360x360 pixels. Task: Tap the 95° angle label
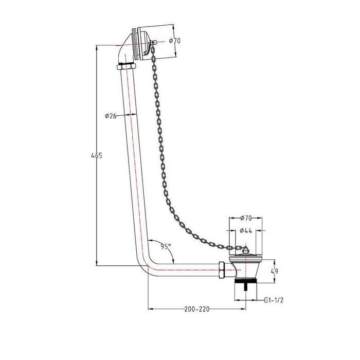click(165, 246)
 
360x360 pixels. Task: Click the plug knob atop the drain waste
click(244, 249)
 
